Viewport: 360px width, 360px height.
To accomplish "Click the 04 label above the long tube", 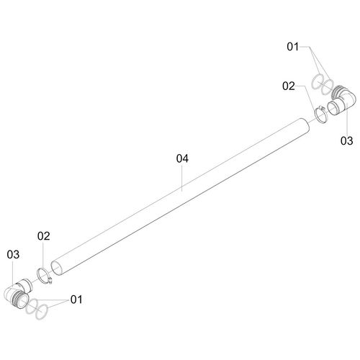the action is [x=182, y=158].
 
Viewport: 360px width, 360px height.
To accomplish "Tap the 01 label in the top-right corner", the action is [x=293, y=47].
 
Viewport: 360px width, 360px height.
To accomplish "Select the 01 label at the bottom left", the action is [x=76, y=300].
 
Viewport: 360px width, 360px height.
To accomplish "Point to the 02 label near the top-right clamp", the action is [x=289, y=86].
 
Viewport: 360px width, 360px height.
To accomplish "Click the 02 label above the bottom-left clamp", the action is [x=44, y=236].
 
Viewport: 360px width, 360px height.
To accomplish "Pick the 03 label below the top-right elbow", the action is [x=347, y=140].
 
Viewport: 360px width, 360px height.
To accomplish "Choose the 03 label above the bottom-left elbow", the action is [x=13, y=254].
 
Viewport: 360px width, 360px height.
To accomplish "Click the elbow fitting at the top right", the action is [x=341, y=100].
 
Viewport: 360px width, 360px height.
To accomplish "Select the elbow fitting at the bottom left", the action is [x=17, y=293].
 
